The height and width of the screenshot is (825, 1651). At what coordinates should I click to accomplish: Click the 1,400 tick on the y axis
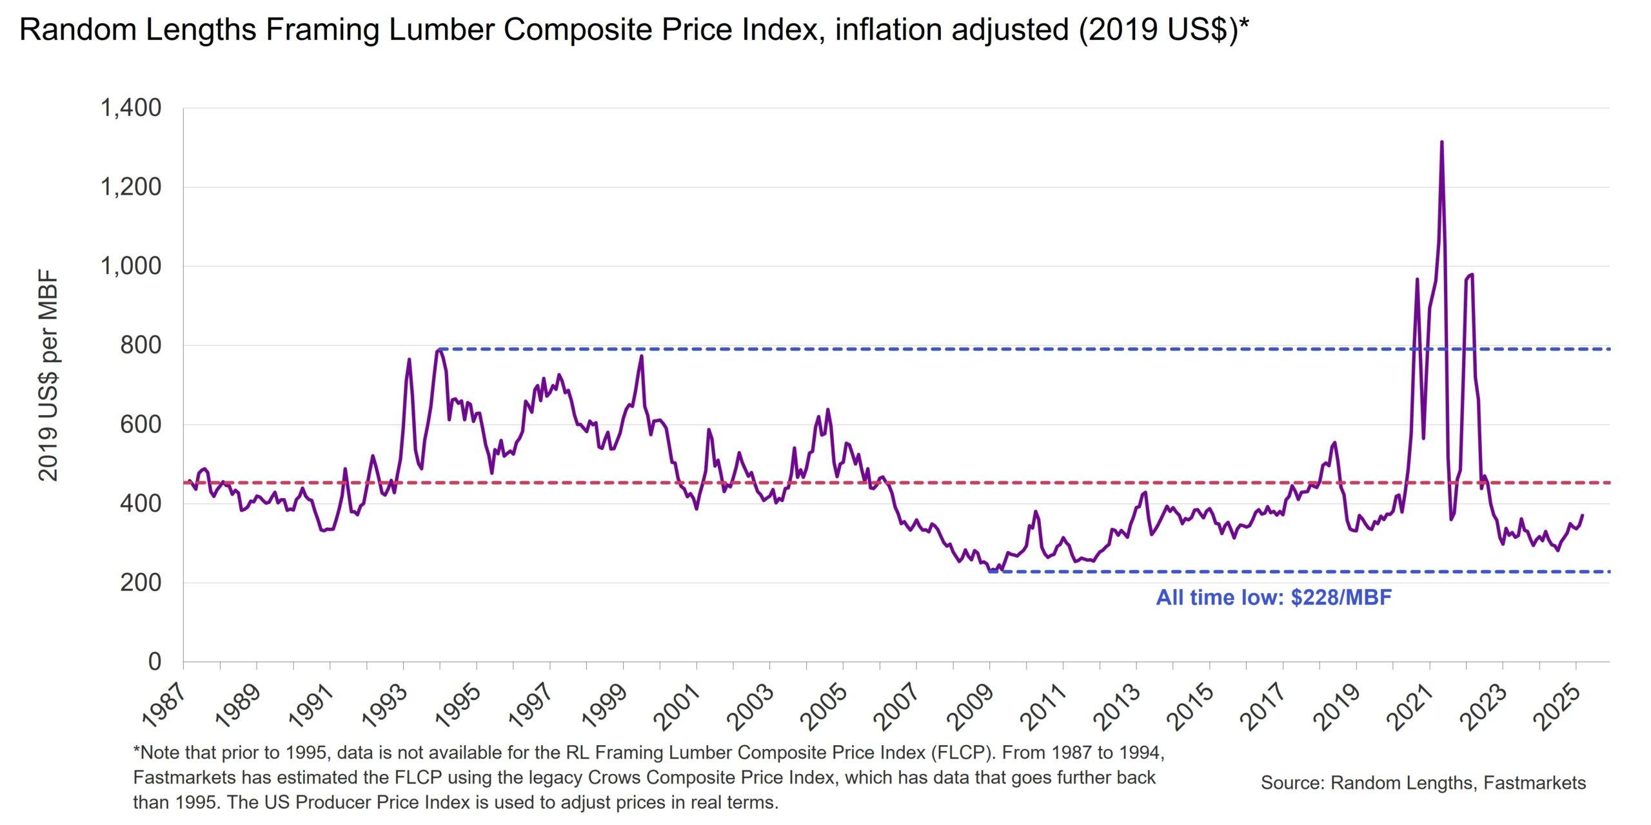(130, 108)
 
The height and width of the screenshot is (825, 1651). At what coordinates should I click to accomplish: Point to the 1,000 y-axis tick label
(130, 266)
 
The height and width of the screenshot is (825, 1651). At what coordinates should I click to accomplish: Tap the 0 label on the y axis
(154, 661)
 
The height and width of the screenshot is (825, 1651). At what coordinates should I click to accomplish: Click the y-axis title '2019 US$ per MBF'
(48, 376)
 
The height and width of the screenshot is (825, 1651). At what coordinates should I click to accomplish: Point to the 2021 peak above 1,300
(1441, 142)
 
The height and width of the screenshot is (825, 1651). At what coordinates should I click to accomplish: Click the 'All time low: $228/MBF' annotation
(1273, 597)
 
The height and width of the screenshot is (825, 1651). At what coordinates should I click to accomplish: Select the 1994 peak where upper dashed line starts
(439, 349)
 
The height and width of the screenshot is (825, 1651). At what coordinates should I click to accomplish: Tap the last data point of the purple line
(1583, 515)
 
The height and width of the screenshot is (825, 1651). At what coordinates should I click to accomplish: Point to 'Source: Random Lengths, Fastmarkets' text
(1423, 782)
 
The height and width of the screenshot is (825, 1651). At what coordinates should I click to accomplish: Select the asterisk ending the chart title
(1243, 26)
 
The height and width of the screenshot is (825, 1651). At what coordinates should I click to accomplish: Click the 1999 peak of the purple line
(642, 356)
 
